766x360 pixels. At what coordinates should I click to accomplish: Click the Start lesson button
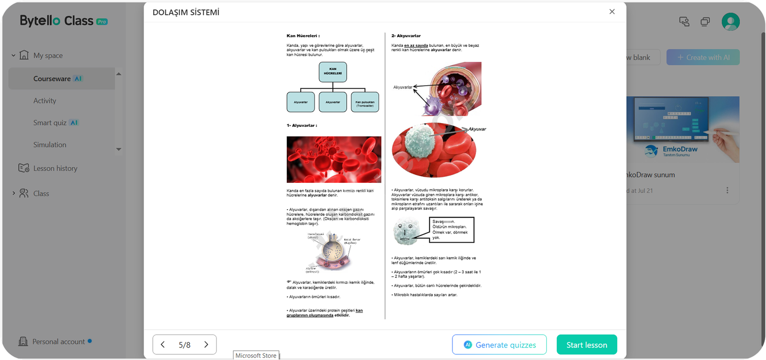586,345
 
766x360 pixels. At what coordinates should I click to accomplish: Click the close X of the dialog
612,11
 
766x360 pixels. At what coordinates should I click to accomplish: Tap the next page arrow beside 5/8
206,345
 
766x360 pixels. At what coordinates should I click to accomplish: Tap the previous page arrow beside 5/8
163,345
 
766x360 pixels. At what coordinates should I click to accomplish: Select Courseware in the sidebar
52,79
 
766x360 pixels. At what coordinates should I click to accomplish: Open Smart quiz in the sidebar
50,123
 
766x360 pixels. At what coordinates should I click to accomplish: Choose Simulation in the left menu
50,145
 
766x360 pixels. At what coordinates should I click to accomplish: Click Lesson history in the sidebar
55,169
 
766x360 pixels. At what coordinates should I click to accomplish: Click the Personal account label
58,342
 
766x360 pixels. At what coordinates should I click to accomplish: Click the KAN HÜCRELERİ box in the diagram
333,72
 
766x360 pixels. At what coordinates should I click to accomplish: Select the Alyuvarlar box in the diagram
301,102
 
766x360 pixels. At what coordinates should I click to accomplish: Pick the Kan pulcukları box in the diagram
365,102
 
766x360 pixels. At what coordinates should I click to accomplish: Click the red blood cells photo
334,159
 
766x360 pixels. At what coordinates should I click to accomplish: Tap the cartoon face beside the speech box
406,231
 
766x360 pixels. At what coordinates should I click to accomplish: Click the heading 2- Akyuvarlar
406,36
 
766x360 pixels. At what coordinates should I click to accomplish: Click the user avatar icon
731,22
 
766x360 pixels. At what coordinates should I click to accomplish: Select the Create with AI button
703,57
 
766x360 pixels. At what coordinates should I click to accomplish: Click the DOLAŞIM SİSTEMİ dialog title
186,12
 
